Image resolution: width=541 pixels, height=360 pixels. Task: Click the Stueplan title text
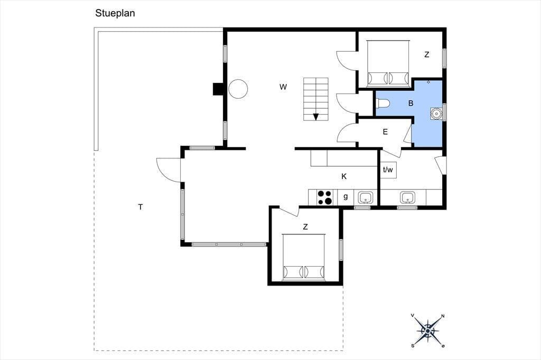pos(115,13)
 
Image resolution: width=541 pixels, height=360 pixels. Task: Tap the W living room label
pos(283,87)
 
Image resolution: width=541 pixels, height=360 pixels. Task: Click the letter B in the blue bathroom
pos(411,103)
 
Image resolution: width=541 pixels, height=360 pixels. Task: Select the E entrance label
pos(385,132)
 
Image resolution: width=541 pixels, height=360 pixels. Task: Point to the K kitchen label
pos(344,176)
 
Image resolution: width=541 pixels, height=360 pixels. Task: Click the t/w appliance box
pos(388,169)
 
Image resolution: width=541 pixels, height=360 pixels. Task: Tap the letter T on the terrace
pos(141,207)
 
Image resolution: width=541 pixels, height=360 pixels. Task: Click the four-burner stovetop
pos(325,198)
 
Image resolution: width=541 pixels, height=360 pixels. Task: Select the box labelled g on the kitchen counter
pos(346,197)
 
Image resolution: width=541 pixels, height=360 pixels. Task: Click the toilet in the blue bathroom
pos(383,103)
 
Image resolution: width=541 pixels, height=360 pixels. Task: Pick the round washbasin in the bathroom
pos(436,113)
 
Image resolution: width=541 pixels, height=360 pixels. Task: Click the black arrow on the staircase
pos(316,117)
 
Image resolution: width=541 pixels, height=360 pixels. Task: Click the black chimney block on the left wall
pos(218,89)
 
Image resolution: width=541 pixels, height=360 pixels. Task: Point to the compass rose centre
pos(428,331)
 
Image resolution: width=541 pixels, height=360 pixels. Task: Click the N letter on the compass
pos(443,316)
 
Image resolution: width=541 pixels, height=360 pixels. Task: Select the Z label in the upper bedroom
pos(427,54)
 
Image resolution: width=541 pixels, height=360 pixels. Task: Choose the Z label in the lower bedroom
pos(305,227)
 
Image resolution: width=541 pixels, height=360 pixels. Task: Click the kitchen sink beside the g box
pos(365,197)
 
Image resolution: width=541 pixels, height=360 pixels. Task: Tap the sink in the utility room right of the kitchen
pos(408,197)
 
